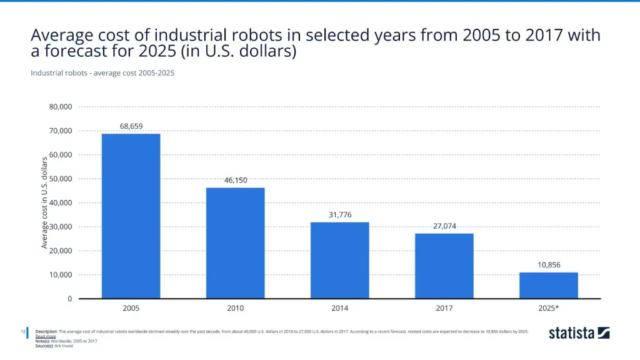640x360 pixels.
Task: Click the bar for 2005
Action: (131, 216)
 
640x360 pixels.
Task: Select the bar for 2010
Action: (236, 242)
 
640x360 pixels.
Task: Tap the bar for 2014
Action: (340, 260)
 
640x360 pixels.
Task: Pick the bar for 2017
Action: (444, 266)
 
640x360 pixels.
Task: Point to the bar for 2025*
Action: (549, 286)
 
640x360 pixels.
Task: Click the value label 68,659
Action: (131, 126)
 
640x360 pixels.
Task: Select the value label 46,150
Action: (236, 180)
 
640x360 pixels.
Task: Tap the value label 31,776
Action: (340, 214)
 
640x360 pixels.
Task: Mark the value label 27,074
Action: (444, 226)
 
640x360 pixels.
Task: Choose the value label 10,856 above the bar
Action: (549, 265)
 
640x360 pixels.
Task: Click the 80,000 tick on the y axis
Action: (61, 107)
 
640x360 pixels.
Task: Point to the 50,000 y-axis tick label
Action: (61, 179)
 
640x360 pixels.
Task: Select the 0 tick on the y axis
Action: (70, 299)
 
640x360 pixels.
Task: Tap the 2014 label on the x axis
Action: (340, 308)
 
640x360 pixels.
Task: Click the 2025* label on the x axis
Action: (549, 308)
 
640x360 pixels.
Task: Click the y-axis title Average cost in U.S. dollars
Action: (45, 202)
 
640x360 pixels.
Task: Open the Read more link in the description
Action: (45, 336)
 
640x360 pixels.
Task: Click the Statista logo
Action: (579, 333)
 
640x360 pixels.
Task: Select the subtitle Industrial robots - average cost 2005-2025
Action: (102, 73)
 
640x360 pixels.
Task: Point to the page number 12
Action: (22, 331)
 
